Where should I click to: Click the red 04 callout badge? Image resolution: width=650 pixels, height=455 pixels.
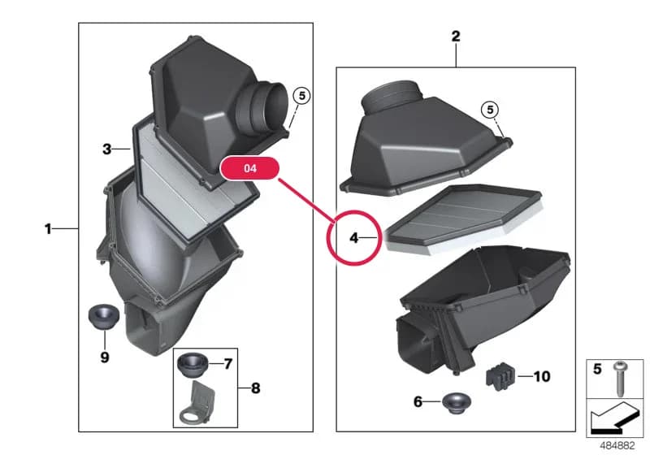point(250,168)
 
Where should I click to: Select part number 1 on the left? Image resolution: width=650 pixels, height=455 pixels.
point(48,228)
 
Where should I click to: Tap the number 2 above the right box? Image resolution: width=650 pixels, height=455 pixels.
point(456,36)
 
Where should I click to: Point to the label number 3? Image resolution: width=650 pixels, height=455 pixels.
point(107,149)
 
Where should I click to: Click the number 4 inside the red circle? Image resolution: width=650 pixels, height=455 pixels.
point(353,238)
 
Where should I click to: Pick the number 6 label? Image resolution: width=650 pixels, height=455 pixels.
point(418,401)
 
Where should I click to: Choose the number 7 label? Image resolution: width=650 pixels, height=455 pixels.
point(228,364)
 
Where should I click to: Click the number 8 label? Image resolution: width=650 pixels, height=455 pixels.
point(256,388)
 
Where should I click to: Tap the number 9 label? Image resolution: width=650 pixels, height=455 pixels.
point(105,357)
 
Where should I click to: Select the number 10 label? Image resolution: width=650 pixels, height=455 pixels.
point(542,376)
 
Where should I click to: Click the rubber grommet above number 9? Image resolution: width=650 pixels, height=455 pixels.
point(104,317)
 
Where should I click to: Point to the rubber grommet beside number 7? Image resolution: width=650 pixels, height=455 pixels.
point(193,365)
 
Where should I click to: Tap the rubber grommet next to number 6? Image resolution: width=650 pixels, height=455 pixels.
point(457,402)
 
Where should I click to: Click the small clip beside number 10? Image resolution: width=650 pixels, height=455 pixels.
point(500,375)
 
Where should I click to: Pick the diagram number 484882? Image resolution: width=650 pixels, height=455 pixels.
point(617,446)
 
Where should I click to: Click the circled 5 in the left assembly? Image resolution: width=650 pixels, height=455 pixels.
point(301,96)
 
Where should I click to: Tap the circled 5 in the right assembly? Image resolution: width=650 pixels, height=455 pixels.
point(491,110)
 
